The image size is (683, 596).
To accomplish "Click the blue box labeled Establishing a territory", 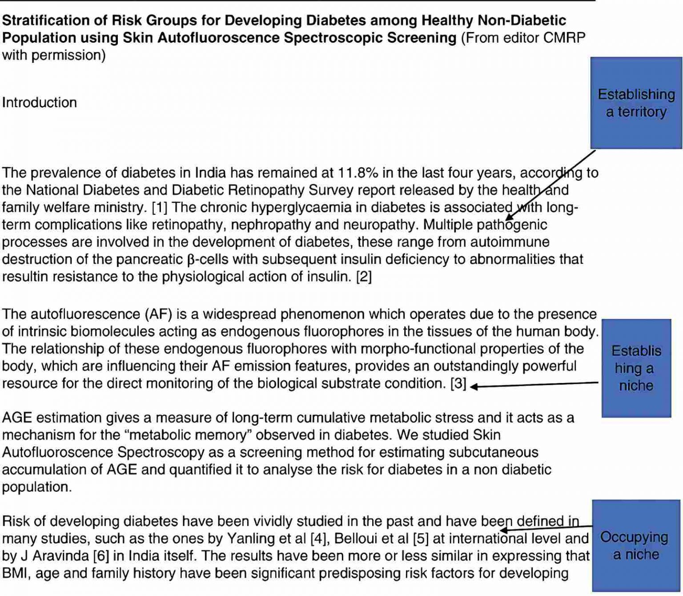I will (x=636, y=103).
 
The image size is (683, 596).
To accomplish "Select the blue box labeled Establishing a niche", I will (x=636, y=368).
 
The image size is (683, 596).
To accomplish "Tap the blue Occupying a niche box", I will (x=636, y=546).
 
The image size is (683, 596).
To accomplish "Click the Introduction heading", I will (x=40, y=103).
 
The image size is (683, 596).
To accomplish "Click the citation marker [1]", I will (x=160, y=208).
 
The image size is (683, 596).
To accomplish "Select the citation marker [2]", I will (x=364, y=277).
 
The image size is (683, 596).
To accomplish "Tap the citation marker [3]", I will (x=458, y=384).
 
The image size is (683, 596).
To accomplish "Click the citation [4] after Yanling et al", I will (x=318, y=539).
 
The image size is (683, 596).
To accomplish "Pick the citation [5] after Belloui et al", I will (x=421, y=539).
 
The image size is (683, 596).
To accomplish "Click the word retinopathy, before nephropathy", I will (x=187, y=225).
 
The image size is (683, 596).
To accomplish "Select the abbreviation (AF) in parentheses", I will (x=159, y=314).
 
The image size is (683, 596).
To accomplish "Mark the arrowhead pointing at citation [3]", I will (x=474, y=387).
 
